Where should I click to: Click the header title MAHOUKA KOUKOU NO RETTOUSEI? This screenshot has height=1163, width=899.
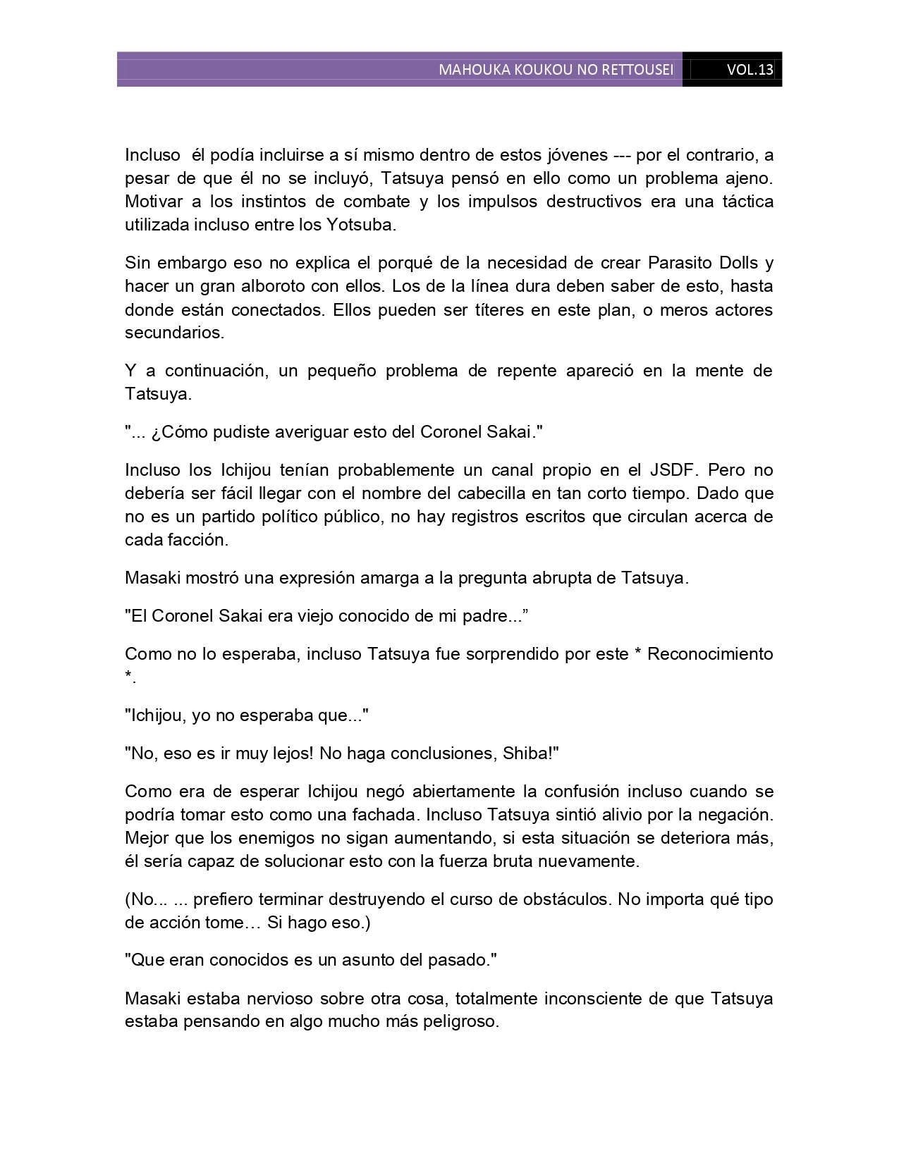tap(556, 70)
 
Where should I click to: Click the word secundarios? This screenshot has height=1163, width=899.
tap(173, 333)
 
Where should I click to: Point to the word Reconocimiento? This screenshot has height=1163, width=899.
tap(710, 654)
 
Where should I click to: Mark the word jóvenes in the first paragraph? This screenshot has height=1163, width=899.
tap(575, 155)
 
